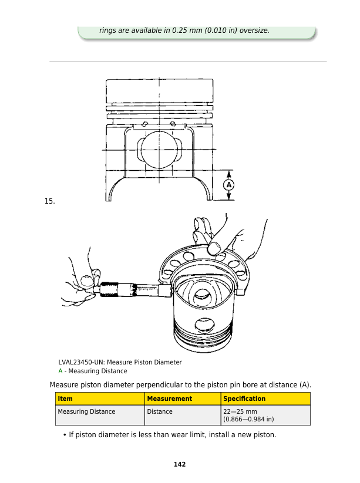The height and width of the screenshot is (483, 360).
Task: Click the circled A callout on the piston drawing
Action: pyautogui.click(x=228, y=185)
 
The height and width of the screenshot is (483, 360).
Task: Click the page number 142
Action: pyautogui.click(x=180, y=464)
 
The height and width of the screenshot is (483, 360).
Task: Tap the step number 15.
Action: pyautogui.click(x=49, y=201)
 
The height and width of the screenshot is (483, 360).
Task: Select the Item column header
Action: pyautogui.click(x=65, y=398)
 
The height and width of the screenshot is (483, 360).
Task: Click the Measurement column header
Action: pyautogui.click(x=170, y=398)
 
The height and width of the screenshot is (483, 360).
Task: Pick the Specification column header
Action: pyautogui.click(x=244, y=398)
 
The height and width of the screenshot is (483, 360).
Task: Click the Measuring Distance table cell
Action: pyautogui.click(x=86, y=411)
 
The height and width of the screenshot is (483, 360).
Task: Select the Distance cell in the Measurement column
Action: pyautogui.click(x=160, y=411)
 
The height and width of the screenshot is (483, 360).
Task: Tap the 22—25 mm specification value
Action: pyautogui.click(x=240, y=411)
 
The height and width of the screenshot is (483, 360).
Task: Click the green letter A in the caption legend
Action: pyautogui.click(x=60, y=371)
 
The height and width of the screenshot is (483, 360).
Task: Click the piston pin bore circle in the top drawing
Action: pyautogui.click(x=159, y=150)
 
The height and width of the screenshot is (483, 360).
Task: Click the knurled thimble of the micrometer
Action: pyautogui.click(x=109, y=289)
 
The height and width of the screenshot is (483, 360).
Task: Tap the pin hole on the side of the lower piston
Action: pyautogui.click(x=204, y=325)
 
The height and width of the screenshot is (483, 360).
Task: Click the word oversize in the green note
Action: pyautogui.click(x=255, y=31)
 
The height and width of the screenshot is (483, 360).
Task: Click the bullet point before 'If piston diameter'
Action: pyautogui.click(x=65, y=435)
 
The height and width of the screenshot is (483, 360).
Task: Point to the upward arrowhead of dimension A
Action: pyautogui.click(x=228, y=174)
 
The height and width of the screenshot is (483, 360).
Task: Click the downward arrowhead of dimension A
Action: pyautogui.click(x=228, y=195)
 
